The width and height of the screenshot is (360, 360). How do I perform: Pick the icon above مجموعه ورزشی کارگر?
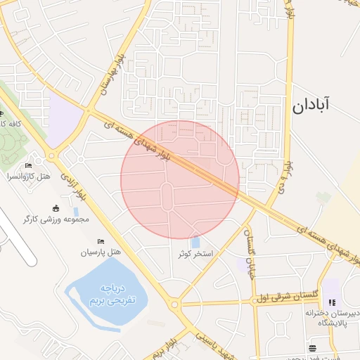pyautogui.click(x=57, y=207)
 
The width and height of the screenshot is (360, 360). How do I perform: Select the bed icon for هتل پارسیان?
pyautogui.click(x=101, y=240)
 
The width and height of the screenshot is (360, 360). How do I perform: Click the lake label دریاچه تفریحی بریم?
pyautogui.click(x=111, y=294)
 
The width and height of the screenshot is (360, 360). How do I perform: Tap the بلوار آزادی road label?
pyautogui.click(x=73, y=186)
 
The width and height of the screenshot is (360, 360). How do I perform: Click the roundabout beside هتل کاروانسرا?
pyautogui.click(x=51, y=156)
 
